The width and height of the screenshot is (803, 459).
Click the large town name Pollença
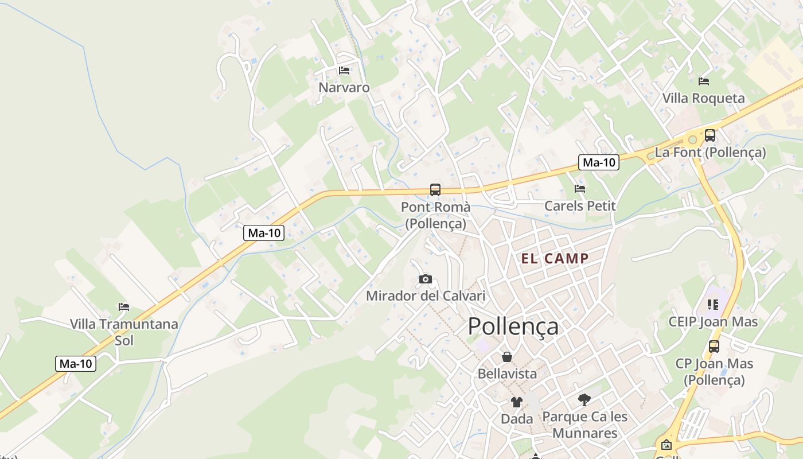[x=513, y=326]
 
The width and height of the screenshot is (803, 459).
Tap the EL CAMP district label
[x=555, y=258]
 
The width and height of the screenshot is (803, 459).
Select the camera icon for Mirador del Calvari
[x=426, y=279]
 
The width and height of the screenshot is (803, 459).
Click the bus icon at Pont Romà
[x=435, y=190]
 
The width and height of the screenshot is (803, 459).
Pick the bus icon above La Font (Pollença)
[x=710, y=135]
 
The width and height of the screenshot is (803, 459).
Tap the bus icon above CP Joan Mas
[x=714, y=347]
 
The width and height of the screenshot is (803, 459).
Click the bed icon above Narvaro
[x=344, y=71]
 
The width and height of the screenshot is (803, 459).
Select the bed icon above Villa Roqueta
[x=704, y=81]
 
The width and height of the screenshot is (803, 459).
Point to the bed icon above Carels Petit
[x=580, y=188]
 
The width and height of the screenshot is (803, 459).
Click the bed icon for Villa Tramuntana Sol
[x=124, y=307]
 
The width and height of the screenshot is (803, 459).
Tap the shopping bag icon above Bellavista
[x=507, y=357]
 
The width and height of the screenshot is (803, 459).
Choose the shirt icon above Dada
[x=517, y=402]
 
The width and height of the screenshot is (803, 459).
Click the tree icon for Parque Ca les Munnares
[x=584, y=399]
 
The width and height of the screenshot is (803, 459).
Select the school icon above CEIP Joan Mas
[x=713, y=305]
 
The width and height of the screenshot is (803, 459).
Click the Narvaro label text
[x=344, y=88]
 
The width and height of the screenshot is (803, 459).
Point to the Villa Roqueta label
[x=704, y=98]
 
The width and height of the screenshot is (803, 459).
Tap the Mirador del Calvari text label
[x=426, y=296]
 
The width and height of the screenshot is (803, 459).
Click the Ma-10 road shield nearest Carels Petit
[x=598, y=162]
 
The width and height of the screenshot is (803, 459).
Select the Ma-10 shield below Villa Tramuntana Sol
[x=76, y=363]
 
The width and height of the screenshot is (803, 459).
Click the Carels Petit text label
[x=580, y=205]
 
